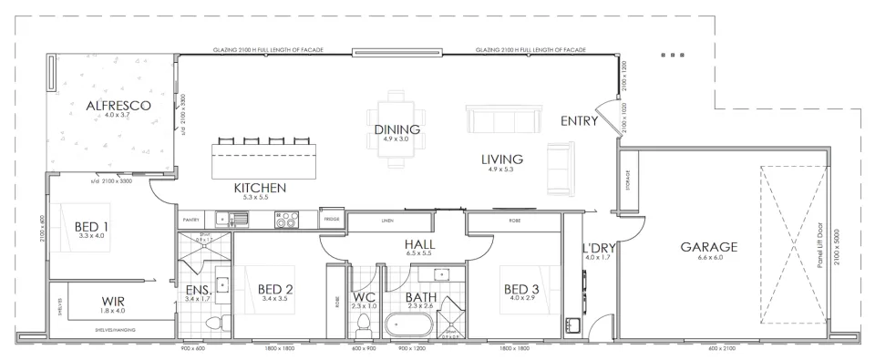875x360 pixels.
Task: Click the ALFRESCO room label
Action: [118, 106]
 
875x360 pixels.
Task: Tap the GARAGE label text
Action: [708, 246]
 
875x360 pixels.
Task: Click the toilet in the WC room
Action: [365, 323]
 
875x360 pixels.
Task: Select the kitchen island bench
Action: [264, 162]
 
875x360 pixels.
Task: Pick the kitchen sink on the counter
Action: [239, 219]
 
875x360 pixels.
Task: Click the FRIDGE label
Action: [333, 219]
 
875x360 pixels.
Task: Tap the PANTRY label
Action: [190, 220]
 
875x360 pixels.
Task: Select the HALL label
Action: [419, 244]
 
